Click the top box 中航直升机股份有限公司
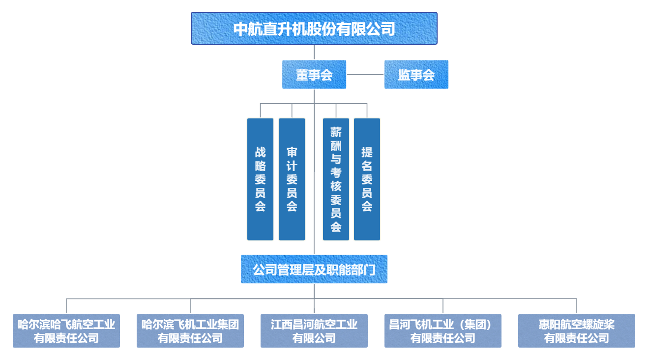[x=314, y=29]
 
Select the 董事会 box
[x=314, y=75]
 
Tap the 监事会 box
[x=416, y=75]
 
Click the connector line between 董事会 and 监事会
[x=365, y=75]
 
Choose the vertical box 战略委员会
[x=260, y=179]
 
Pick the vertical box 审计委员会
[x=292, y=179]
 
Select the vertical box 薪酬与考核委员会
[x=336, y=179]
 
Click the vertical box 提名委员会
[x=367, y=179]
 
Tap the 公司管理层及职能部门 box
[x=314, y=269]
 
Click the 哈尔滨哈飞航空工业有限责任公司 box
[x=66, y=331]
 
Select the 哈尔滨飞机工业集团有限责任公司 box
[x=190, y=331]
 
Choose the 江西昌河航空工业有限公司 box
[x=314, y=331]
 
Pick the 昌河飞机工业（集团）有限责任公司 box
[x=443, y=331]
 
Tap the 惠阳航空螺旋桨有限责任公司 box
[x=577, y=331]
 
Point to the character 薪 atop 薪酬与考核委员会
[x=336, y=132]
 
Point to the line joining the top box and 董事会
[x=314, y=52]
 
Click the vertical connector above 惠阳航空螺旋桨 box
[x=577, y=306]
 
